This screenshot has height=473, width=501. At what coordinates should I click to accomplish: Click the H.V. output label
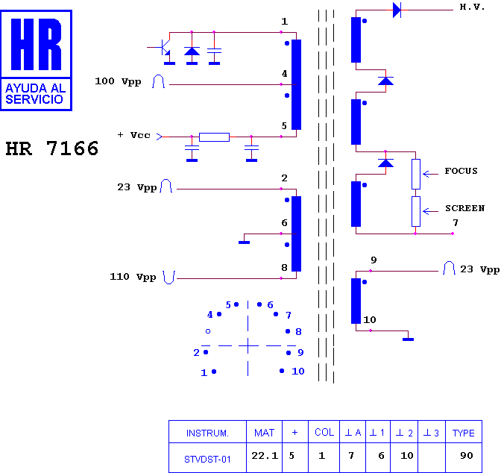coord(472,7)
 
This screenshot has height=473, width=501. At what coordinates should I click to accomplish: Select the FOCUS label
coord(461,171)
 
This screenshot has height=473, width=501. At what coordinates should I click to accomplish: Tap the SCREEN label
coord(465,208)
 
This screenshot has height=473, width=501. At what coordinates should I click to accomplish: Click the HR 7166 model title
coord(52,148)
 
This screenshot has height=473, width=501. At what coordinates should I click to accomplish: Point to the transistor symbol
coord(163,48)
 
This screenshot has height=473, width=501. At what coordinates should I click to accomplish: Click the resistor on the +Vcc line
coord(214,137)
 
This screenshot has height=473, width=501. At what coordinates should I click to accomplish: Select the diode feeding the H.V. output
coord(397,10)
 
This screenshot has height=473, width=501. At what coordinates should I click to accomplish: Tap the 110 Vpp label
coord(133,277)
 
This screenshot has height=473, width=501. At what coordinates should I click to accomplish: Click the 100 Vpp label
coord(118,81)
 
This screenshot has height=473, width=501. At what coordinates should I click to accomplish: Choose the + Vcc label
coord(134,135)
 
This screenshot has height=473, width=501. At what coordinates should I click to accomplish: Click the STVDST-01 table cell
coord(207,460)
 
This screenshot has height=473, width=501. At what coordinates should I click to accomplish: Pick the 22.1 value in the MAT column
coord(265,455)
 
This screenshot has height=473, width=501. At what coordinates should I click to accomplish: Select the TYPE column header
coord(463,433)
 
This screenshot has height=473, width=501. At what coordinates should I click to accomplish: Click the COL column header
coord(324,433)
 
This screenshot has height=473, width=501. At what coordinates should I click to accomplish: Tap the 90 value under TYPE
coord(467,455)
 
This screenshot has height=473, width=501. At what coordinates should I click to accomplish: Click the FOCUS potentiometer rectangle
coord(416,174)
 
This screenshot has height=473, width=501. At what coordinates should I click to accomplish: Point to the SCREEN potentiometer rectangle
coord(416,211)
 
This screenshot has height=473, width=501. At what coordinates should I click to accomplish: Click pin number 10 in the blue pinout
coord(297,371)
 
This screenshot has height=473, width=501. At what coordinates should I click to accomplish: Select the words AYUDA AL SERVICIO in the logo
coord(35,94)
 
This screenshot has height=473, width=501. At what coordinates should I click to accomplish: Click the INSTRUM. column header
coord(207,433)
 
